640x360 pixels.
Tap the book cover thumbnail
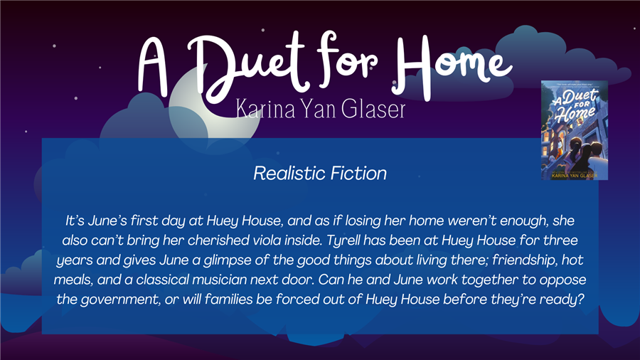pos(575,130)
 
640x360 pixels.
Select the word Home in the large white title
pos(452,65)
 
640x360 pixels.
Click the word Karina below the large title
pos(265,109)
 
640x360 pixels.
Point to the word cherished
pos(218,240)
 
